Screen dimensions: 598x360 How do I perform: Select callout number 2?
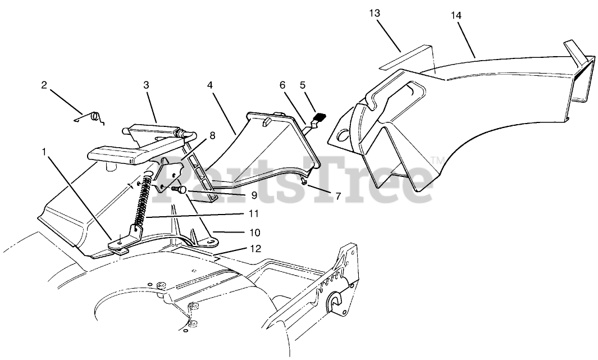point(44,85)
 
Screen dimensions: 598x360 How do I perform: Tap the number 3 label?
point(146,85)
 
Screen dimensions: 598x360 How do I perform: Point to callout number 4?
point(209,85)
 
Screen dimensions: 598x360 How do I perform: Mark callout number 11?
point(254,213)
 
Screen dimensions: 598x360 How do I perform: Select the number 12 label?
point(256,248)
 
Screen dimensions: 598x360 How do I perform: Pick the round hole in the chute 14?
point(342,135)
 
